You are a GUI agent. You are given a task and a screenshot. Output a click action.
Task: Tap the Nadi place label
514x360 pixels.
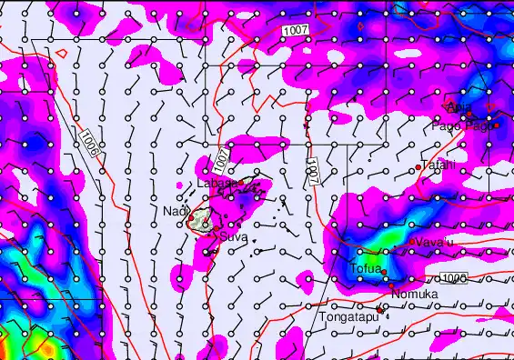(173, 211)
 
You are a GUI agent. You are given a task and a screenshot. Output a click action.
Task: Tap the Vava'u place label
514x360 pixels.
(436, 243)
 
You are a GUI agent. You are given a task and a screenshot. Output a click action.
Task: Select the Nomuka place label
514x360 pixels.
(415, 295)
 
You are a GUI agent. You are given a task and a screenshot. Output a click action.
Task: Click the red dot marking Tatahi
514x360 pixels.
(418, 167)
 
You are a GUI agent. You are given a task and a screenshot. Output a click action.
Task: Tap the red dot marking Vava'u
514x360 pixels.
(412, 241)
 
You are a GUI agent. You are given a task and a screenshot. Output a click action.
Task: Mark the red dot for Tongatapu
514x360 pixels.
(380, 309)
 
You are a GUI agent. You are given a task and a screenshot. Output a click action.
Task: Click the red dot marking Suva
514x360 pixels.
(216, 235)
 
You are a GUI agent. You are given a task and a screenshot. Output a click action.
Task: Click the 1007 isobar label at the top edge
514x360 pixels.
(295, 31)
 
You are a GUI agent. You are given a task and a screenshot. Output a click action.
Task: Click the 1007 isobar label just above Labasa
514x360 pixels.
(222, 161)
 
